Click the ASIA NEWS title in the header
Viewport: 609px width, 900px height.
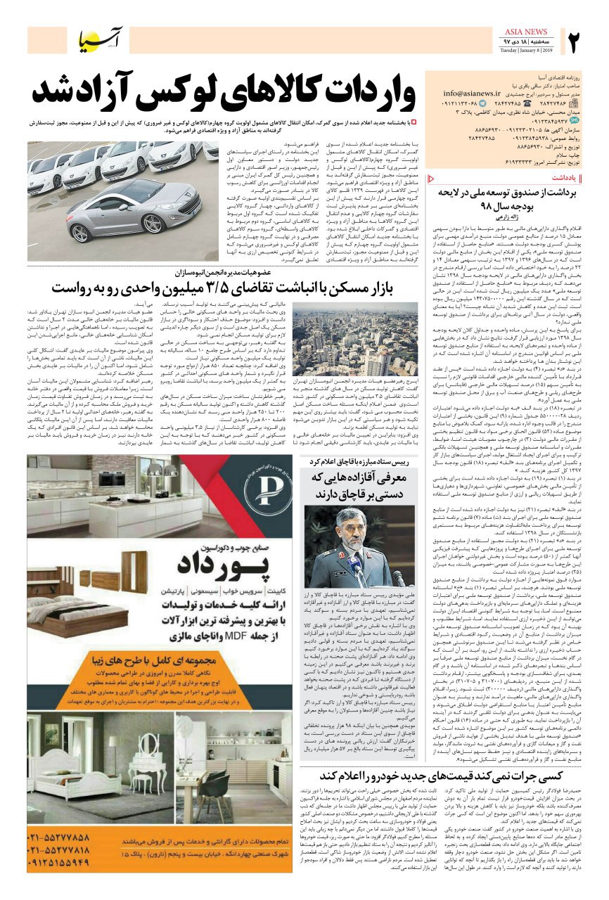(x=526, y=32)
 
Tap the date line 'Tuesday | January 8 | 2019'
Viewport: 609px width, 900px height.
(x=526, y=51)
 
